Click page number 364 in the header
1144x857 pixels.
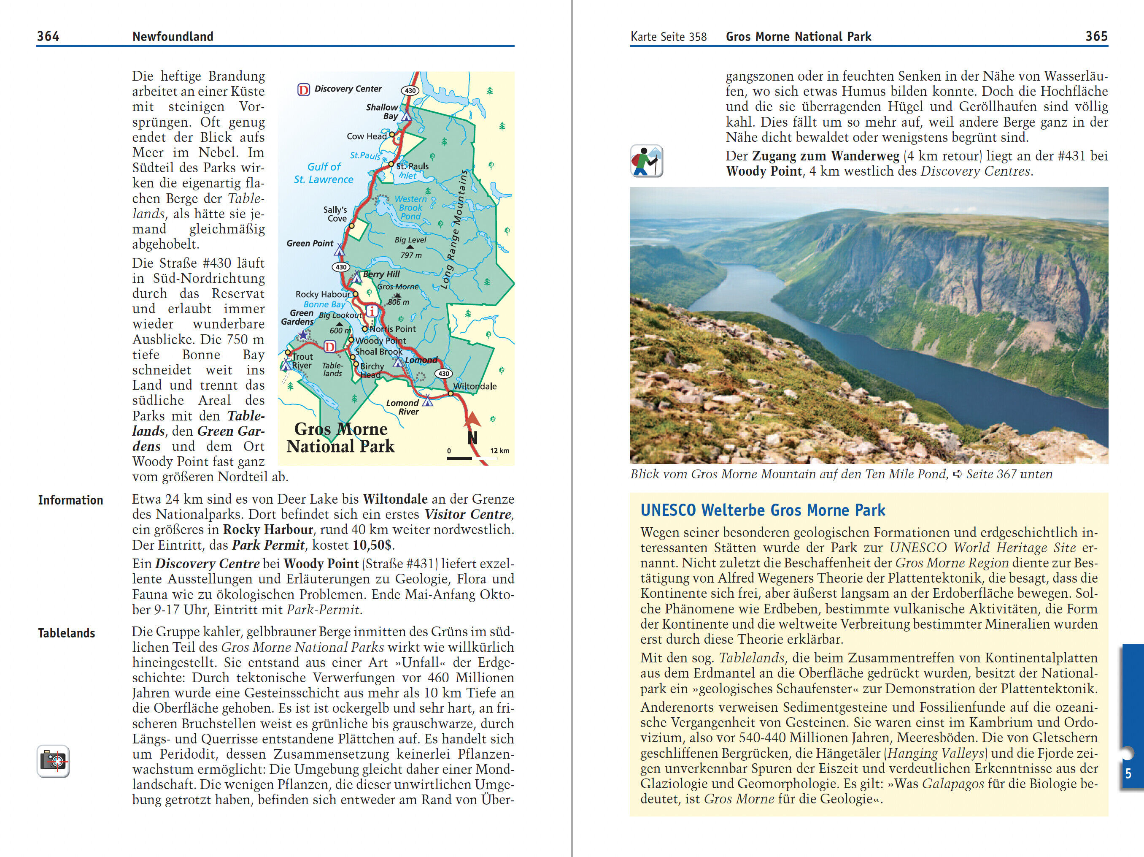[48, 36]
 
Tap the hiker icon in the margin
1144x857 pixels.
[647, 161]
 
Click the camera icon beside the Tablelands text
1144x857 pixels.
[53, 761]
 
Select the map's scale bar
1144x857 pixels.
[472, 458]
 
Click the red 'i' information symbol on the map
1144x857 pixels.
[371, 311]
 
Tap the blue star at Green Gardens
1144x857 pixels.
[302, 335]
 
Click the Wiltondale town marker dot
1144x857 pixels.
[451, 394]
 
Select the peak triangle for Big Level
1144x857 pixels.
[410, 247]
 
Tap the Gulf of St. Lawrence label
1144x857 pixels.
[324, 173]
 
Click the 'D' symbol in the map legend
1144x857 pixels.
[304, 90]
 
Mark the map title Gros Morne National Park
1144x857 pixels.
[341, 437]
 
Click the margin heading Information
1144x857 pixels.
[70, 500]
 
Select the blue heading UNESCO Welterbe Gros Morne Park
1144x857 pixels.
[763, 510]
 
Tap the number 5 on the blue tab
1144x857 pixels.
[1128, 774]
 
